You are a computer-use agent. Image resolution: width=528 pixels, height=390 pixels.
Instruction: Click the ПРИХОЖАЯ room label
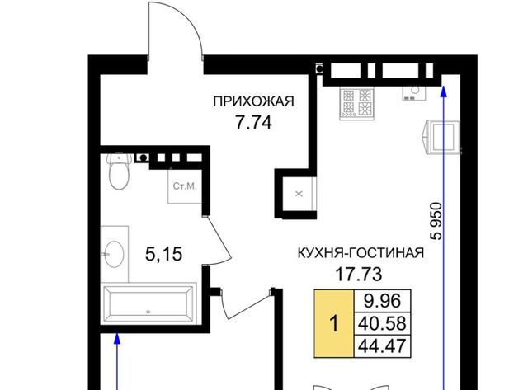click(x=253, y=101)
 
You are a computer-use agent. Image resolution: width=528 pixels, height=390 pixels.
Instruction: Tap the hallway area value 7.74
click(x=253, y=123)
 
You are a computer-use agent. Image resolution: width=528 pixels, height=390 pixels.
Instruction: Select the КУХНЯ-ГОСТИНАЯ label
click(x=361, y=252)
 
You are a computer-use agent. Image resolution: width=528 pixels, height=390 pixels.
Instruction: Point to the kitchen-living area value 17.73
click(x=359, y=275)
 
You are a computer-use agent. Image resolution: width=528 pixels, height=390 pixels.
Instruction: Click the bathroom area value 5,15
click(x=164, y=254)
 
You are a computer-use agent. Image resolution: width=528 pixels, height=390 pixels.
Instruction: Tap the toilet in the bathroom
click(x=119, y=171)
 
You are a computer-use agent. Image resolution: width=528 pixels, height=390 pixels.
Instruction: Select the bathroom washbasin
click(x=114, y=254)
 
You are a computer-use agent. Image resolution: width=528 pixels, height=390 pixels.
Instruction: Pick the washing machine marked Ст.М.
click(x=185, y=186)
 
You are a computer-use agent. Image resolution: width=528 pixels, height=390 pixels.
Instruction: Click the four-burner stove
click(x=357, y=103)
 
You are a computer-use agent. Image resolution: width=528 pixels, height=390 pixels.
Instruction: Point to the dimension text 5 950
click(x=436, y=221)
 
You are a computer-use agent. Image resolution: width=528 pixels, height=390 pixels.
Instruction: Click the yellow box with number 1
click(x=334, y=324)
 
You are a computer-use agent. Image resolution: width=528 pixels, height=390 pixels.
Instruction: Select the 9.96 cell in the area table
click(x=383, y=301)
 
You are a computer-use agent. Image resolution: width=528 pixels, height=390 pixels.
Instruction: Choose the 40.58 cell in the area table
click(x=383, y=323)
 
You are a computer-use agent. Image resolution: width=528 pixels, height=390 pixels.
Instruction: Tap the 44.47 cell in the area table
click(x=383, y=346)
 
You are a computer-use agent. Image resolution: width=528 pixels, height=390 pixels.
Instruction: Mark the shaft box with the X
click(x=299, y=194)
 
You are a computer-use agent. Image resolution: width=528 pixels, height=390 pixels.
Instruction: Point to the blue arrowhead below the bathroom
click(x=117, y=338)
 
